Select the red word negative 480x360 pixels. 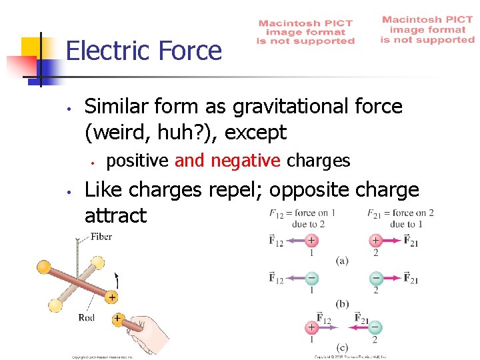[x=246, y=161]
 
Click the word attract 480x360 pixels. [x=115, y=215]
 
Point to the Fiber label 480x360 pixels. [x=101, y=237]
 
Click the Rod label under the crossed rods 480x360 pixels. [x=87, y=317]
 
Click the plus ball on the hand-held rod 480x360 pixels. [x=117, y=319]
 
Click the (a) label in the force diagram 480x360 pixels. [x=342, y=261]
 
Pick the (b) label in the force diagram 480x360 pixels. [x=343, y=304]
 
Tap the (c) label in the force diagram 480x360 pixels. [x=343, y=347]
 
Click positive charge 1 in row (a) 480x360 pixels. [x=311, y=241]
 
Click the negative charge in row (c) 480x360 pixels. [x=375, y=327]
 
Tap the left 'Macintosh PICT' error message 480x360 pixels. [x=306, y=31]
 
